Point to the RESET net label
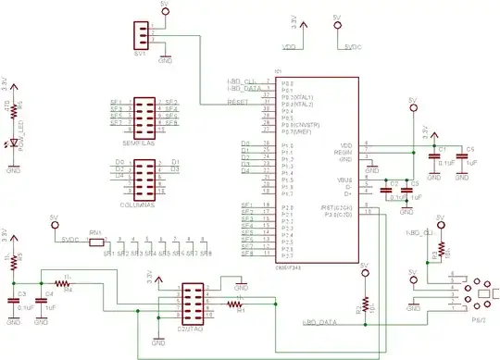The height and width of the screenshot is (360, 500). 237,104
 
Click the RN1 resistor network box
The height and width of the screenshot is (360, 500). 95,243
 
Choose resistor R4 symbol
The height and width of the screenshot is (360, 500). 67,283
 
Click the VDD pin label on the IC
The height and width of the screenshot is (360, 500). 345,144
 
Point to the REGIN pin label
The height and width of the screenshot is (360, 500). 344,151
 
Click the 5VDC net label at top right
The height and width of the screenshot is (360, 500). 352,46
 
